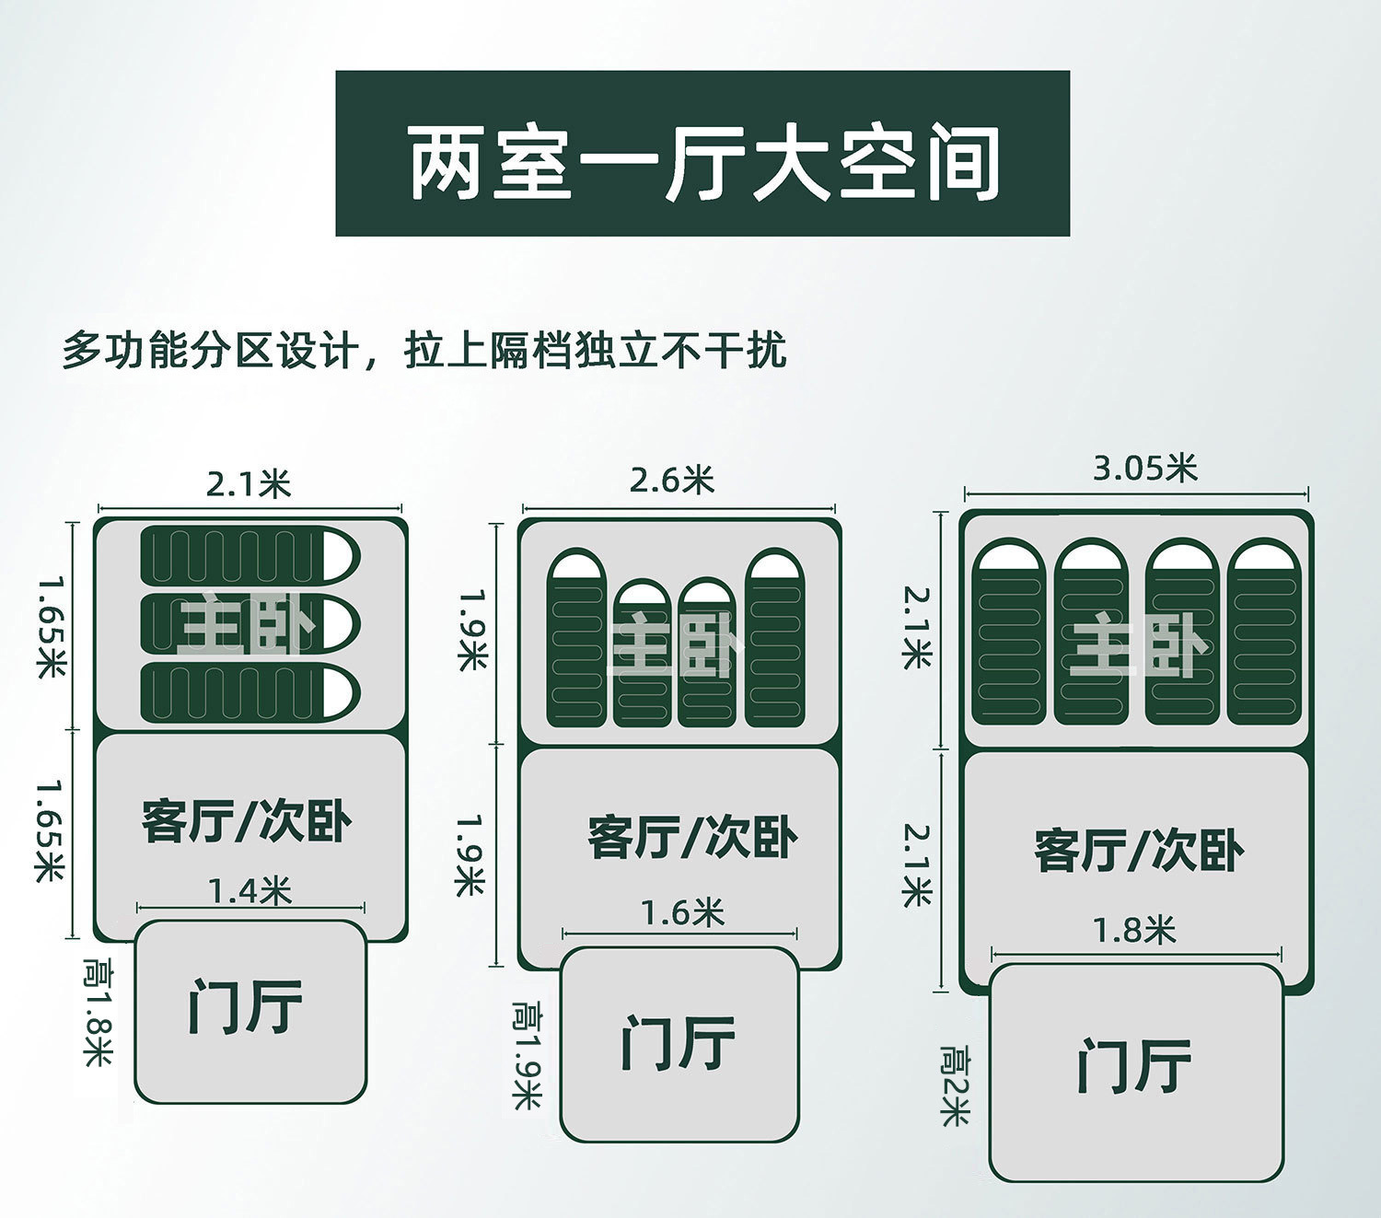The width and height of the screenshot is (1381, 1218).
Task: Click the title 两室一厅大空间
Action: [702, 164]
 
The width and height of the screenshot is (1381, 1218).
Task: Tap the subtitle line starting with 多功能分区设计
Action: [424, 351]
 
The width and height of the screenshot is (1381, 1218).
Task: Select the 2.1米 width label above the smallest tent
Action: [249, 483]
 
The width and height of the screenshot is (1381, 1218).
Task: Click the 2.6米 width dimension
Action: [672, 480]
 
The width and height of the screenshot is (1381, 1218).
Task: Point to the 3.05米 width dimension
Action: [1144, 469]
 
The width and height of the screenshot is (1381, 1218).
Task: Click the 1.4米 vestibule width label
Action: [250, 891]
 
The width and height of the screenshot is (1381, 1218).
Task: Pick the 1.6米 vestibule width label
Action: [682, 913]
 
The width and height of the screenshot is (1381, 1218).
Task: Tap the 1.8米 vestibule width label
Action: [1133, 931]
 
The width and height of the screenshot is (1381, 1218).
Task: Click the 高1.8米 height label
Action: [96, 1010]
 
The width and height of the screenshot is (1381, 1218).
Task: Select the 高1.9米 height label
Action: [527, 1055]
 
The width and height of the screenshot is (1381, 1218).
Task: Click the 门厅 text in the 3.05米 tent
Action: [1134, 1066]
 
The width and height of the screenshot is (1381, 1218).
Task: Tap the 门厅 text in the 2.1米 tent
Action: [246, 1006]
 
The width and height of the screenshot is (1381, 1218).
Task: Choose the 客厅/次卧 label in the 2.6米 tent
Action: [692, 837]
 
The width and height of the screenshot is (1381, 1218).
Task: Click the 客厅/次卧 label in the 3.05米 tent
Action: [1138, 850]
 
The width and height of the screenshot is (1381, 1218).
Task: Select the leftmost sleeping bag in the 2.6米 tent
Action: [577, 640]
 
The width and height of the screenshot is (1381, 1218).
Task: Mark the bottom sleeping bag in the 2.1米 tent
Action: [249, 692]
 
